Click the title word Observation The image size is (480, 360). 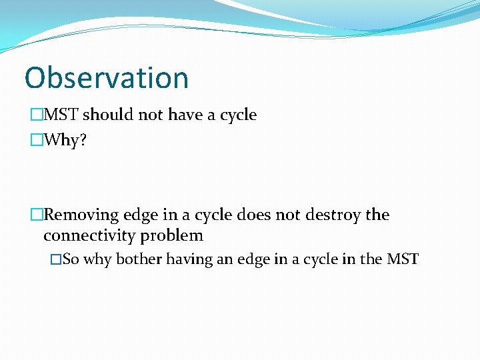pyautogui.click(x=107, y=78)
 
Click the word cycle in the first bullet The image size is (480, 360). pyautogui.click(x=238, y=115)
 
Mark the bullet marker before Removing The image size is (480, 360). pyautogui.click(x=36, y=215)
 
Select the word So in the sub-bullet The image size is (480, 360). pyautogui.click(x=71, y=259)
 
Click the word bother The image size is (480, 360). pyautogui.click(x=139, y=259)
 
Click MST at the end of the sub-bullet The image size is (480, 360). pyautogui.click(x=403, y=259)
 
